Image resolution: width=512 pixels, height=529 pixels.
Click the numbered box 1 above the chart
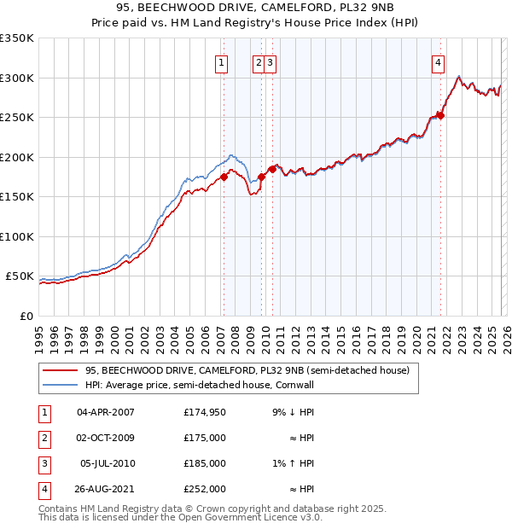point(222,61)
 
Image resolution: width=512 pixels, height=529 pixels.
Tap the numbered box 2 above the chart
point(259,61)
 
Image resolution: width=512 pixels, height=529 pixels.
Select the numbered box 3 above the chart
point(270,61)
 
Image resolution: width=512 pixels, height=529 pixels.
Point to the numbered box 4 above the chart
point(437,61)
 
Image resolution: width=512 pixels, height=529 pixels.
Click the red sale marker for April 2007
point(224,177)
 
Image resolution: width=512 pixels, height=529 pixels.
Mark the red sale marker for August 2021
point(440,115)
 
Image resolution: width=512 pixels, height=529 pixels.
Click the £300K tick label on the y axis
point(17,78)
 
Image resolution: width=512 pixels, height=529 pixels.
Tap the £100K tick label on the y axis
point(17,236)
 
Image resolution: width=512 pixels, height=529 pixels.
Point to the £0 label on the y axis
point(26,316)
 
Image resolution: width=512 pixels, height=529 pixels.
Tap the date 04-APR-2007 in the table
point(106,412)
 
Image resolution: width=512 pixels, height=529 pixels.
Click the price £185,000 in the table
point(204,463)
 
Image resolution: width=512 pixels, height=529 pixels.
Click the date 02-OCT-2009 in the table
point(106,438)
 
